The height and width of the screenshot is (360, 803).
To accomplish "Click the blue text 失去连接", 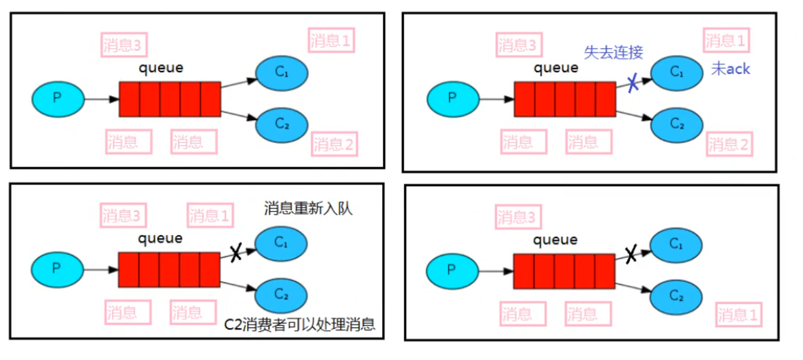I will (613, 53).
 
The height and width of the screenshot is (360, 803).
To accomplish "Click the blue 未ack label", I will (730, 69).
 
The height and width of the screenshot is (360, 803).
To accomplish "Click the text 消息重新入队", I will (308, 209).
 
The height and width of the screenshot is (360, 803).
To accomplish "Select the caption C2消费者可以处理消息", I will (299, 325).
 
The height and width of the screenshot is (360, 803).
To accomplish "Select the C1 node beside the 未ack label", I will (676, 73).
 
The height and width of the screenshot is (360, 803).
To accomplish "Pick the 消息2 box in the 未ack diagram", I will (730, 145).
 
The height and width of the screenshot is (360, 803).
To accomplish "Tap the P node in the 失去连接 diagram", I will (452, 98).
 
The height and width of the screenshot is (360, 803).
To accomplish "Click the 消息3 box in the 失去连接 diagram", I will (520, 44).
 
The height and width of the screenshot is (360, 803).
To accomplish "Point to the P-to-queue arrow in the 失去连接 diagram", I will (496, 99).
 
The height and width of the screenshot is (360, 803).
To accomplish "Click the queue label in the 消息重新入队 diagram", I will (160, 238).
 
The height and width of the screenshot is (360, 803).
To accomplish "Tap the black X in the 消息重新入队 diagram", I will (236, 254).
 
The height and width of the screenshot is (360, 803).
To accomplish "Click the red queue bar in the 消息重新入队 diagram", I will (169, 269).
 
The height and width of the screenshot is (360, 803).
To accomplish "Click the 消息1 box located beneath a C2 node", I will (738, 316).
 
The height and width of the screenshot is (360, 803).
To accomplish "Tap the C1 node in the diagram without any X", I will (281, 73).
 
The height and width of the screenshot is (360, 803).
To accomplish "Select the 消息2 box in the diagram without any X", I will (334, 145).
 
